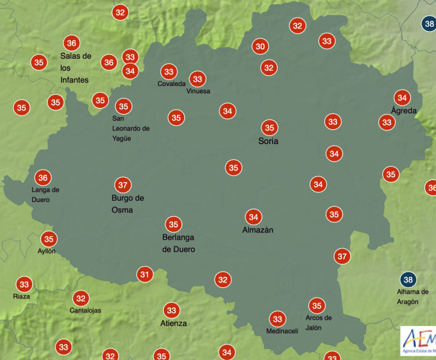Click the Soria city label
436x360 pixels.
click(268, 141)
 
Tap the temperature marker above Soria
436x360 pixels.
click(269, 128)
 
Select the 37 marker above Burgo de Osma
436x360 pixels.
click(123, 184)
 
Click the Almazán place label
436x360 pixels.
click(258, 230)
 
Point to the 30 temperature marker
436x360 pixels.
click(261, 46)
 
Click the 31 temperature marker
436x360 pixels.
click(144, 275)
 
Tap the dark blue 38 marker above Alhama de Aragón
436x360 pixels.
click(409, 280)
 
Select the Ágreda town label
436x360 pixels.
click(404, 110)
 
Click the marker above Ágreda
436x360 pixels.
click(402, 97)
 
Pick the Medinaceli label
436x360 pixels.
click(282, 331)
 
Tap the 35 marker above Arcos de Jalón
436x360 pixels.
click(316, 306)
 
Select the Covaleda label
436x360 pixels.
click(172, 84)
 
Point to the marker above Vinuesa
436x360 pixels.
click(197, 79)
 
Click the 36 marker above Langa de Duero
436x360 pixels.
click(43, 178)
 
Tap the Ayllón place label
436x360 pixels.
click(46, 251)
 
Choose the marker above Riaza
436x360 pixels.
click(24, 284)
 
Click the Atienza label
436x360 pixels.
click(173, 323)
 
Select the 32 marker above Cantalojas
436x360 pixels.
click(81, 298)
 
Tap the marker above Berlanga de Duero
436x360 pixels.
click(174, 225)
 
